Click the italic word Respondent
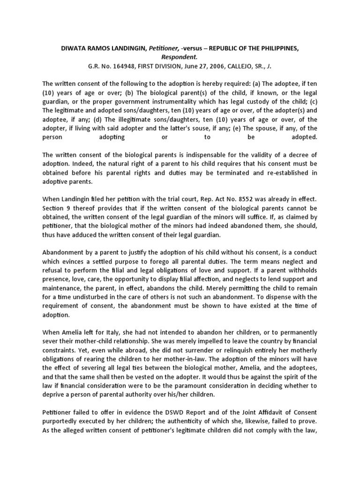[x=180, y=51]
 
